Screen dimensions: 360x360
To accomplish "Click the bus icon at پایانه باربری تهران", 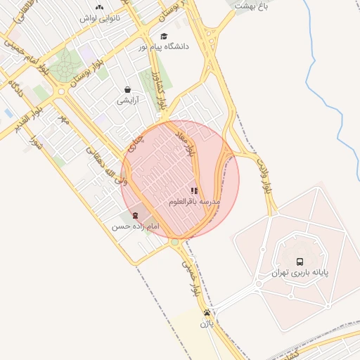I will click(x=301, y=259).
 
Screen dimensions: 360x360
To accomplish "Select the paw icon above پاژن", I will click(x=207, y=313).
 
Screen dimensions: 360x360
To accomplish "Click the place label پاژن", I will click(x=205, y=324).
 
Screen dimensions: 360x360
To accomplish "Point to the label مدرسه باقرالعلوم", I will click(x=195, y=202).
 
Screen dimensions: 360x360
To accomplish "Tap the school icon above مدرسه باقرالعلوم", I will click(x=194, y=191).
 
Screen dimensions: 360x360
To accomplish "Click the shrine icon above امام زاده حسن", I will click(x=135, y=215).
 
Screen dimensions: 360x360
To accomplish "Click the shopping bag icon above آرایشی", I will click(x=127, y=89).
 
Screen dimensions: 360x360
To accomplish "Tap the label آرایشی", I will click(x=127, y=101).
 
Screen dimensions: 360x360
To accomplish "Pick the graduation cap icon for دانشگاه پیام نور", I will click(x=164, y=37).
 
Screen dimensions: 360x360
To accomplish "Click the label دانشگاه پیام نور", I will click(x=162, y=47).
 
